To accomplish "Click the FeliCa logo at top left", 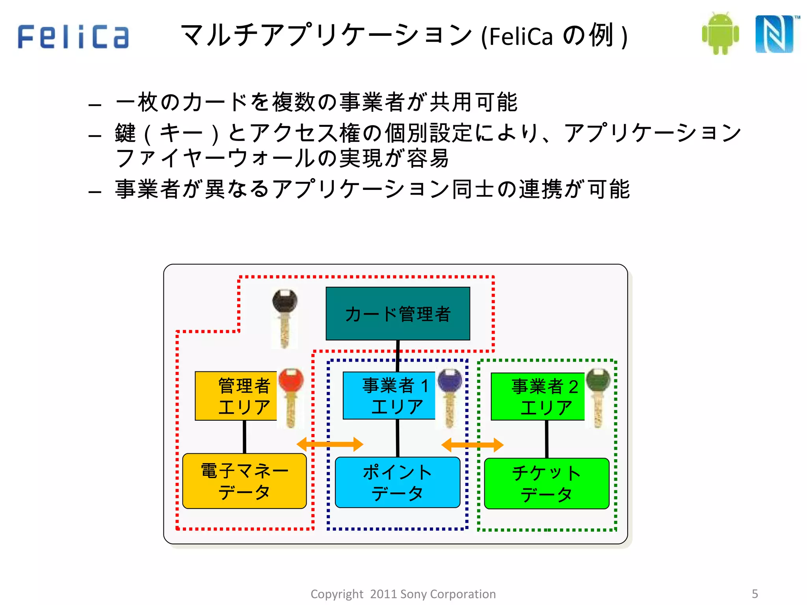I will point(73,37).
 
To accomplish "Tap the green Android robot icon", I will point(720,34).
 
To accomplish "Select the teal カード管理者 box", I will point(398,314).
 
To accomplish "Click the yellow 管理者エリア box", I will point(236,396).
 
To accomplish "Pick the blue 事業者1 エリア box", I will point(389,395).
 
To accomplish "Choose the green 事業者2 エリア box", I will point(538,396).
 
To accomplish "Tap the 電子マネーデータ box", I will point(244,481).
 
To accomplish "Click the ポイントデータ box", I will point(397,482).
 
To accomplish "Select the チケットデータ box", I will point(547,483).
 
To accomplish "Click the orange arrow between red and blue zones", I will point(329,444).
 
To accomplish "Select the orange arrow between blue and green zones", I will point(472,445).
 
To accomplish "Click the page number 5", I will point(755,594).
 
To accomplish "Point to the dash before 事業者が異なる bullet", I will point(95,192).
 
